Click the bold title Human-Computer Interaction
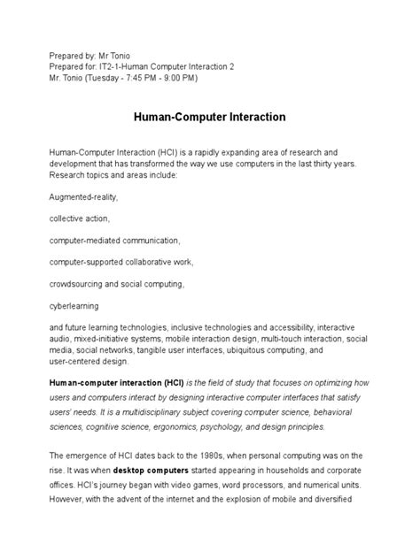pyautogui.click(x=209, y=116)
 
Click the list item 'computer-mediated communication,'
pyautogui.click(x=114, y=241)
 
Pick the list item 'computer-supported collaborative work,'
pyautogui.click(x=121, y=263)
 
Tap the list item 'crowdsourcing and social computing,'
pyautogui.click(x=116, y=284)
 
